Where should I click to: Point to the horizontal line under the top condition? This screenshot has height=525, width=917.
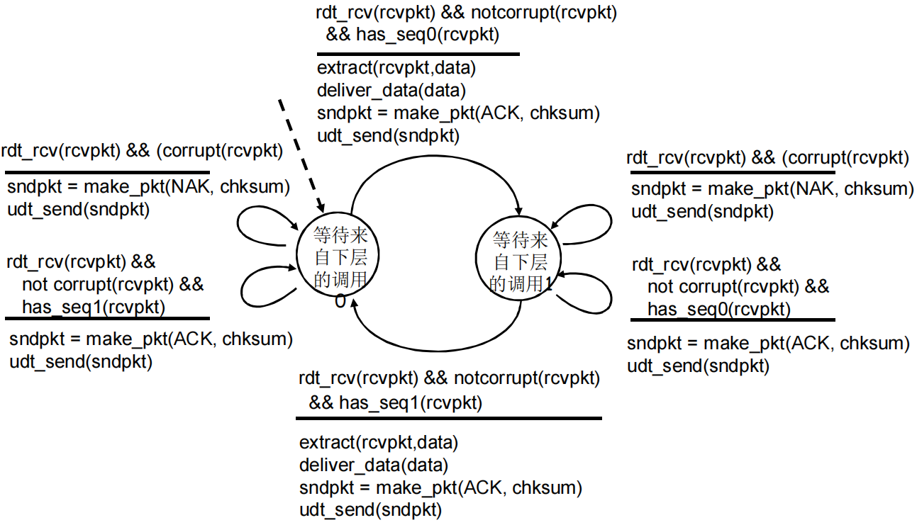click(x=418, y=54)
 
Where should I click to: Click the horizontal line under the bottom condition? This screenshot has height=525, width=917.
click(x=448, y=419)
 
